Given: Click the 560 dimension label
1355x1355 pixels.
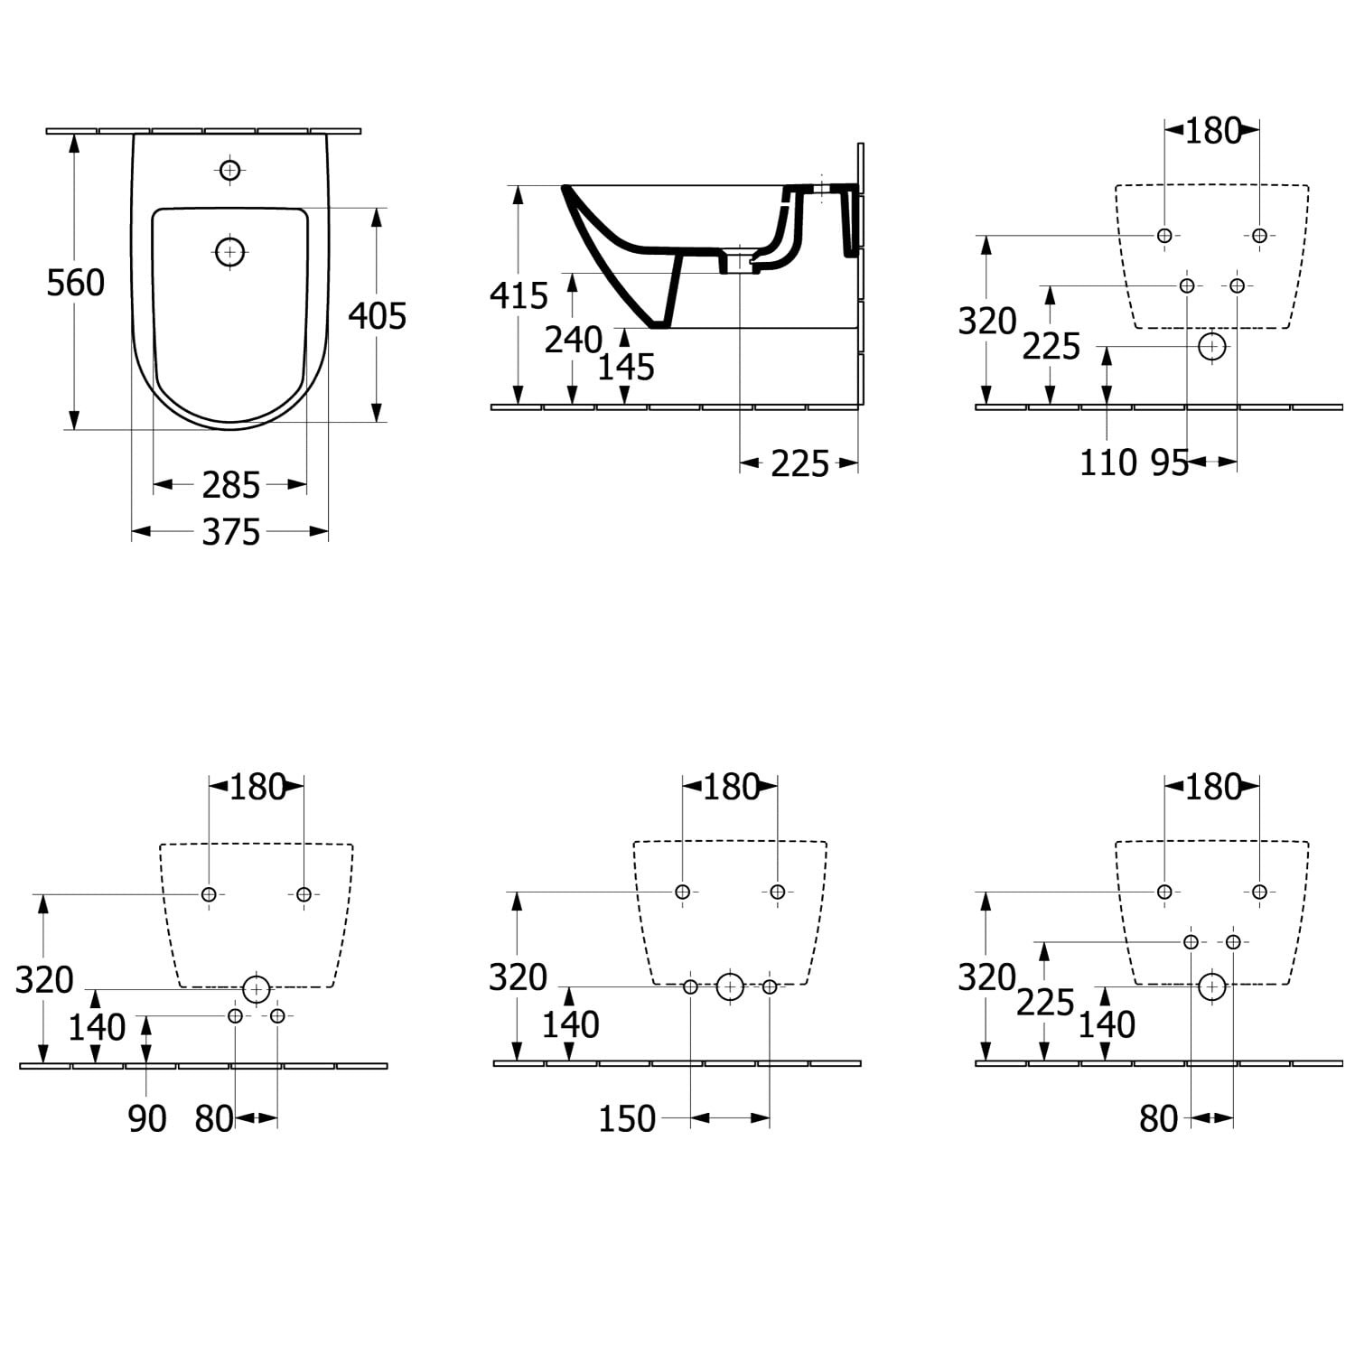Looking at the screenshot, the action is pos(76,283).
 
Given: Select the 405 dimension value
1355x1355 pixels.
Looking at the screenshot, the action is pos(378,315).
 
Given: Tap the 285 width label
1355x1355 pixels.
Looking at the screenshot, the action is pos(231,485).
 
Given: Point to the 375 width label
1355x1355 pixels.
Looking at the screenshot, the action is pos(231,532).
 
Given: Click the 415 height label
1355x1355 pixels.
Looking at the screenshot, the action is pos(519,295).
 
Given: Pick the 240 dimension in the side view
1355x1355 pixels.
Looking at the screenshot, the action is pos(574,340).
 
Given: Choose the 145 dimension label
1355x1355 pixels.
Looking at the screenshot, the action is pos(626,367).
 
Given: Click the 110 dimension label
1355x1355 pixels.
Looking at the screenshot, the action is pos(1108,463).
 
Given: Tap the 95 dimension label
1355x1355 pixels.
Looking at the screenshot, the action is pos(1169,463).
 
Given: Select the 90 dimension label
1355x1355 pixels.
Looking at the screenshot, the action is pos(147,1119).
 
